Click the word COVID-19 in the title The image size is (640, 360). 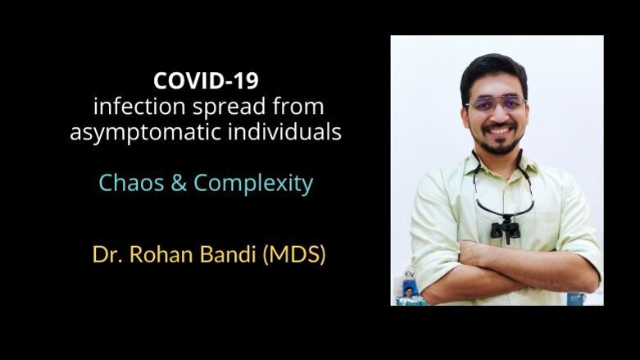tap(205, 82)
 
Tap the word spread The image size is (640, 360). tap(216, 107)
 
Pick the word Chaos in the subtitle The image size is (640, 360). tap(128, 183)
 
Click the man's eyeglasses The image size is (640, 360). tap(494, 104)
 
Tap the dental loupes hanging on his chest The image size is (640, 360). tap(503, 228)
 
